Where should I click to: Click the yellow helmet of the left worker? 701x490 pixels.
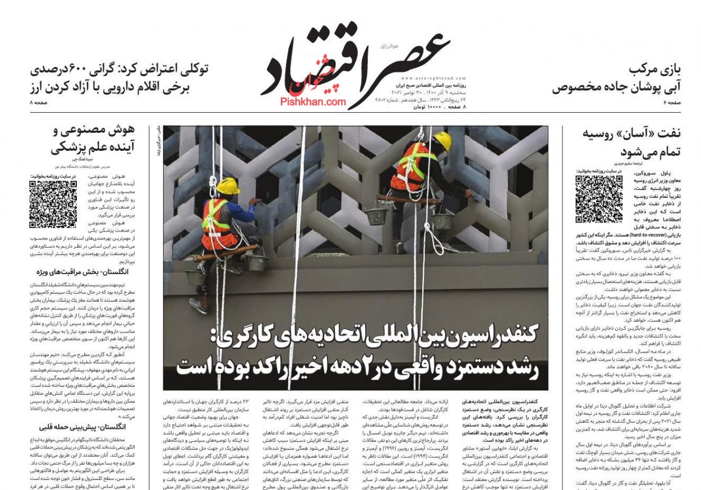point(228,186)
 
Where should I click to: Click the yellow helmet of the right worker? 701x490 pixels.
point(442,141)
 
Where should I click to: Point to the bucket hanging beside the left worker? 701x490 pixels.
point(256,262)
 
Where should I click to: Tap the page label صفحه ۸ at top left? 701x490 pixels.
point(39,103)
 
